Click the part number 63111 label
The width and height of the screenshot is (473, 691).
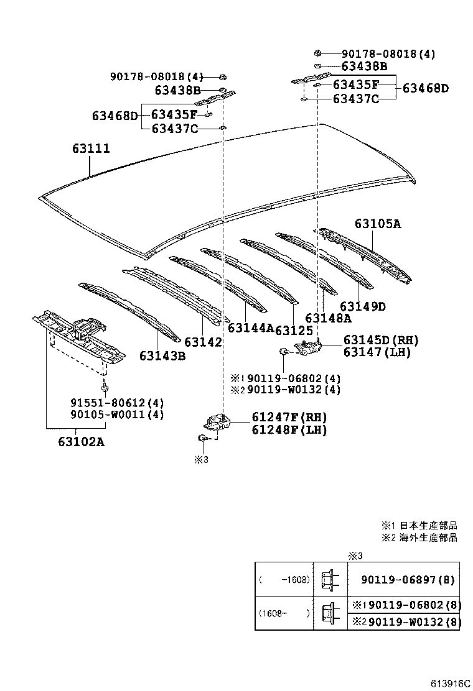pos(91,149)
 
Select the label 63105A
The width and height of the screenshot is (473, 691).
pos(378,224)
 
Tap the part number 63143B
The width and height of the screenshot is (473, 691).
pos(162,355)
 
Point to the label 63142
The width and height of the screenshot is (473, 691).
pos(203,342)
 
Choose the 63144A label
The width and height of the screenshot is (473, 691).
pos(251,328)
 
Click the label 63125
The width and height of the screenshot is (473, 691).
pos(294,331)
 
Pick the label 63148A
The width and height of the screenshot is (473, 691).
pos(328,318)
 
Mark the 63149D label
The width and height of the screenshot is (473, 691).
pos(363,306)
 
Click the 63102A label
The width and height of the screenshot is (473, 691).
pos(81,442)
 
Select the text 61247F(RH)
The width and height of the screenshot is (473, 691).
pos(289,418)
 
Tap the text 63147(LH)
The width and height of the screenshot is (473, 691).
pos(377,352)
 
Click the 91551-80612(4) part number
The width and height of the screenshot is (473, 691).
pos(118,403)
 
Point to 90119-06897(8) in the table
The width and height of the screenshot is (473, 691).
pos(408,580)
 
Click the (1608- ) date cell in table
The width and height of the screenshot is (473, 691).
pos(284,613)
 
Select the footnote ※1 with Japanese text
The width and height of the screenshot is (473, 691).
pos(419,526)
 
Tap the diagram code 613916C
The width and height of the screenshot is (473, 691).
pos(450,684)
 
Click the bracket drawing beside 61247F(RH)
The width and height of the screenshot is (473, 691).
pos(217,422)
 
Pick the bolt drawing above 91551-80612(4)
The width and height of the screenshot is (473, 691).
pos(105,388)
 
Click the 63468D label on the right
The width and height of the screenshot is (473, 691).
pos(425,88)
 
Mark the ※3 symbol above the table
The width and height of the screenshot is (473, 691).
pos(355,556)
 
